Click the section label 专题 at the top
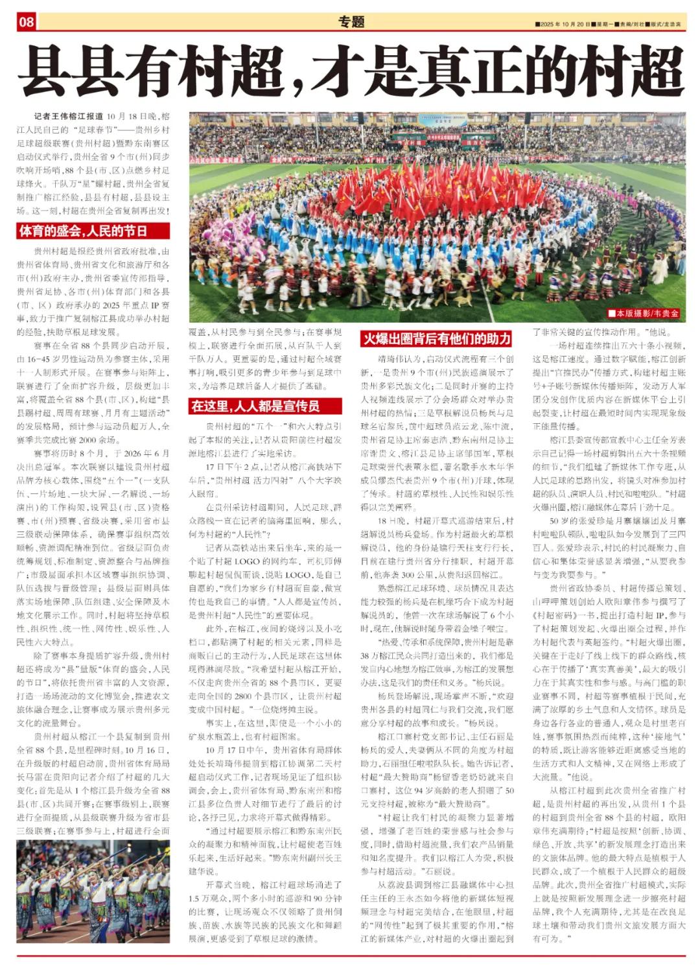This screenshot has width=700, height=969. (x=351, y=22)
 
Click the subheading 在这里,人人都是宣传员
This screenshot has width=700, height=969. (x=264, y=406)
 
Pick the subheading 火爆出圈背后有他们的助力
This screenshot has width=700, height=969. (x=436, y=338)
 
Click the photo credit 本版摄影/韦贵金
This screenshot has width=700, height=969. (x=644, y=314)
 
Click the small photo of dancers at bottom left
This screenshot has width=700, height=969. (x=93, y=892)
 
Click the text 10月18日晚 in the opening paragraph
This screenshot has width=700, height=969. (x=133, y=117)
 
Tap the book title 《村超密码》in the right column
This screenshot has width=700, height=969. (x=555, y=616)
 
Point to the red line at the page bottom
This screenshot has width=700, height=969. (x=350, y=956)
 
